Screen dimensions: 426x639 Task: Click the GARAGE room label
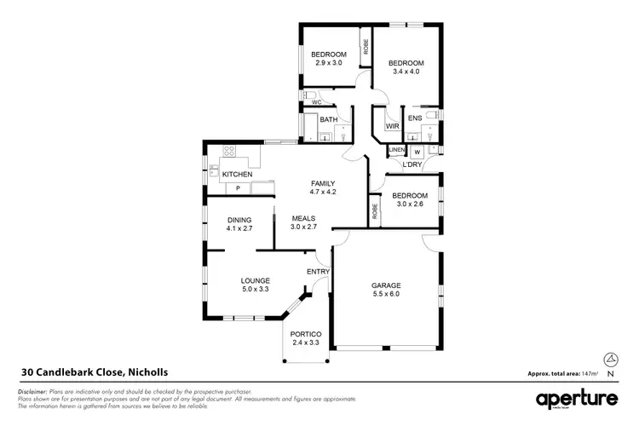[x=386, y=285]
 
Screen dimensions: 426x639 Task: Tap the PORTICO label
[x=304, y=333]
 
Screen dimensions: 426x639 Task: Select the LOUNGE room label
[x=255, y=280]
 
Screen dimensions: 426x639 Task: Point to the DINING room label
[x=239, y=220]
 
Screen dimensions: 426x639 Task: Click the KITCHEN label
[x=237, y=175]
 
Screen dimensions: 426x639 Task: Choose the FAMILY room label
[x=322, y=183]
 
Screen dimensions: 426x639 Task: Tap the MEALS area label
[x=304, y=218]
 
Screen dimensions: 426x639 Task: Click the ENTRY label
[x=318, y=272]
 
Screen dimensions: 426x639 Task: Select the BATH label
[x=329, y=120]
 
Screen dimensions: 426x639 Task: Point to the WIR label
[x=392, y=126]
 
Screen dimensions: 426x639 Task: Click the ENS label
[x=415, y=118]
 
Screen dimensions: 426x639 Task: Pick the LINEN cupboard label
[x=397, y=152]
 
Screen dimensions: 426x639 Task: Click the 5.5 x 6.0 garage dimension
[x=386, y=295]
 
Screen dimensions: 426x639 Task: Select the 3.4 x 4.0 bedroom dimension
[x=406, y=72]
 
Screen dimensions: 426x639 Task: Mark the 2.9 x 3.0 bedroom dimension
[x=328, y=63]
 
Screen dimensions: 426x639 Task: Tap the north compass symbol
[x=610, y=362]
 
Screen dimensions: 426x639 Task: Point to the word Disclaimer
[x=33, y=390]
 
